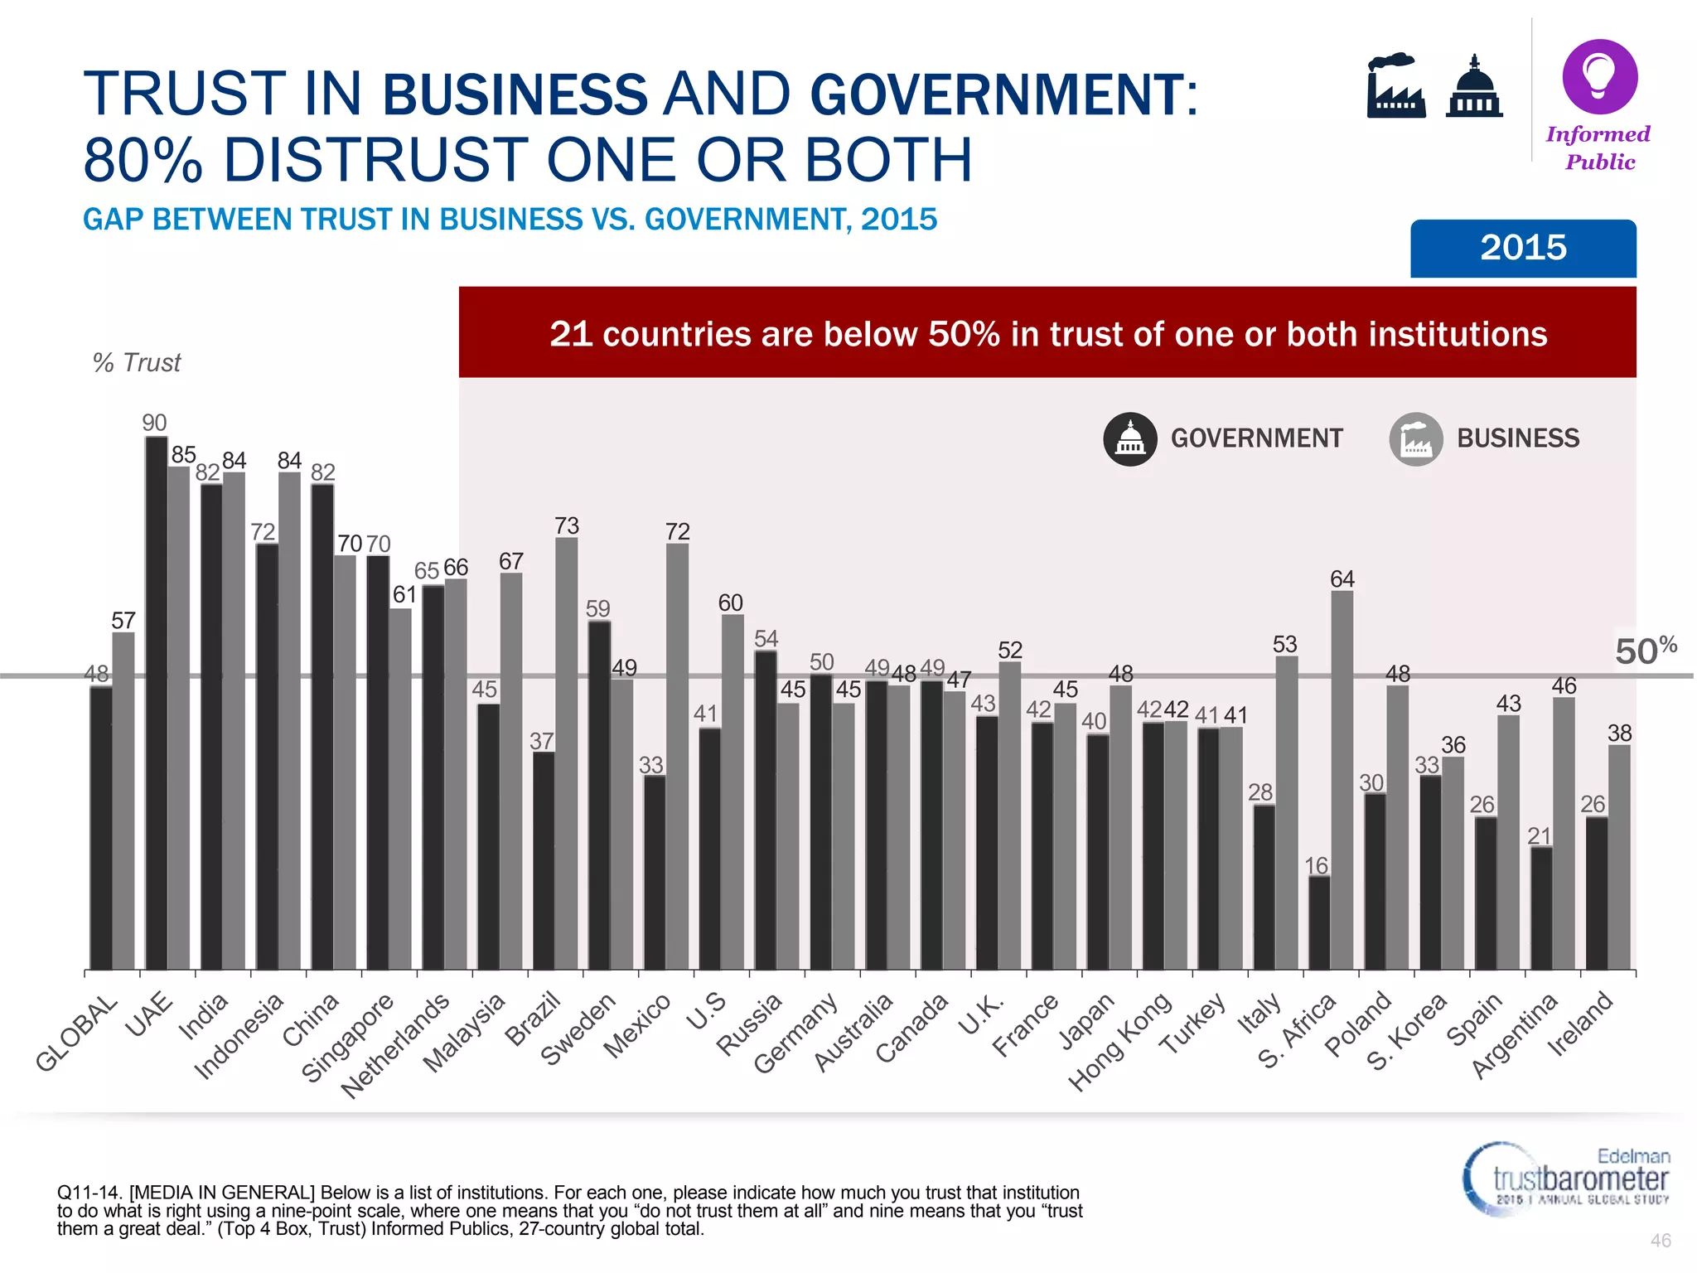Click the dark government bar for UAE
[x=157, y=704]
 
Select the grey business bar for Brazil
[x=567, y=754]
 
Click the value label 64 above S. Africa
[x=1342, y=579]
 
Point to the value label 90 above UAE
[x=154, y=424]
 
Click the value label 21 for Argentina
[x=1539, y=835]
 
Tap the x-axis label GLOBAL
[x=77, y=1033]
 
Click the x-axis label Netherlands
[x=396, y=1045]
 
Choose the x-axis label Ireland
[x=1581, y=1024]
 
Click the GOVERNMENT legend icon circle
[x=1129, y=439]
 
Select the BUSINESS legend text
[x=1517, y=438]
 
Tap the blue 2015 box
[x=1522, y=248]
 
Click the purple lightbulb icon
[x=1599, y=76]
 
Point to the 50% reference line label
[x=1645, y=651]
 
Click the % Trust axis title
[x=137, y=363]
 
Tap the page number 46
[x=1660, y=1241]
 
